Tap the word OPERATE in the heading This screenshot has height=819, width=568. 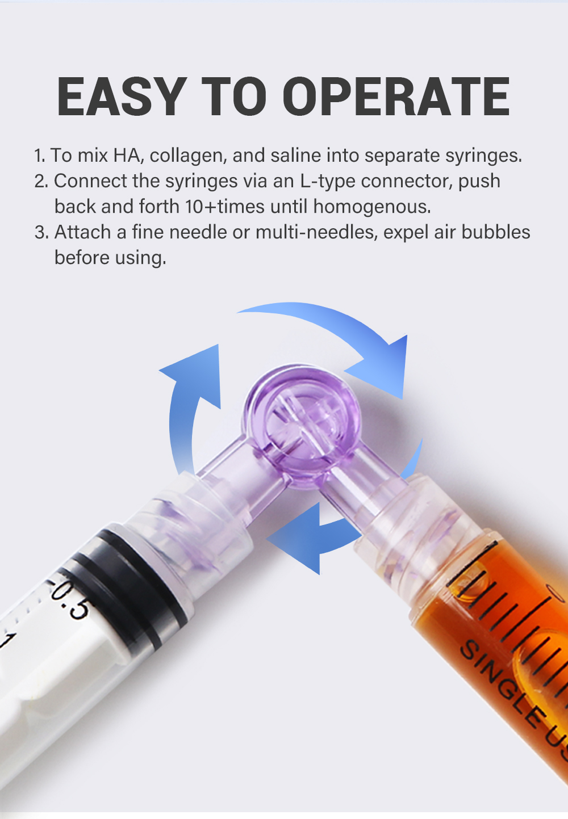point(396,96)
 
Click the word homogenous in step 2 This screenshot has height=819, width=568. point(372,207)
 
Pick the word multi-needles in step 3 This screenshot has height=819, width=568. point(316,232)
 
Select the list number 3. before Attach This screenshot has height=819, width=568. point(41,233)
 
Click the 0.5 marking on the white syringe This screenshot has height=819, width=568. point(69,599)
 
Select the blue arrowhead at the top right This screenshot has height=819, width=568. point(381,366)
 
